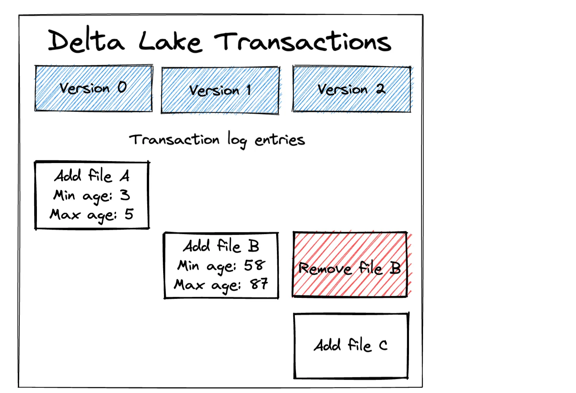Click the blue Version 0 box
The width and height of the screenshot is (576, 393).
coord(94,88)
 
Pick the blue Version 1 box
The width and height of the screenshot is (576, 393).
coord(220,91)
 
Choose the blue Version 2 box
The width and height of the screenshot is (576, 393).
coord(352,89)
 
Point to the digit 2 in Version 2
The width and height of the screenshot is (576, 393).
coord(380,89)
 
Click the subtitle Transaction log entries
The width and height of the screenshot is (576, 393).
coord(217,140)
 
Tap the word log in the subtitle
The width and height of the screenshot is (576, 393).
coord(237,140)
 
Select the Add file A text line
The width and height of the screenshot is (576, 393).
coord(92,176)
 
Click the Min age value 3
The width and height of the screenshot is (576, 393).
coord(125,195)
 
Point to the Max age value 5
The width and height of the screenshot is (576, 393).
coord(129,214)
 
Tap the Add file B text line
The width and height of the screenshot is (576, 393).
coord(221,246)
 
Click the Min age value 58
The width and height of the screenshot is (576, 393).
coord(255,265)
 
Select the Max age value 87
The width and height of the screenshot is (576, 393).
coord(259,284)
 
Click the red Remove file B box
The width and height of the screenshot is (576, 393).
coord(350,264)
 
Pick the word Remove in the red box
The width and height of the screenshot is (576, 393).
coord(325,269)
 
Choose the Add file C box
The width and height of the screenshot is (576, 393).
coord(351,346)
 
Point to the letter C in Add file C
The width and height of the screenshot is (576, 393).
coord(383,345)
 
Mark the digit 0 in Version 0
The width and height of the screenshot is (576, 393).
coord(122,87)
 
